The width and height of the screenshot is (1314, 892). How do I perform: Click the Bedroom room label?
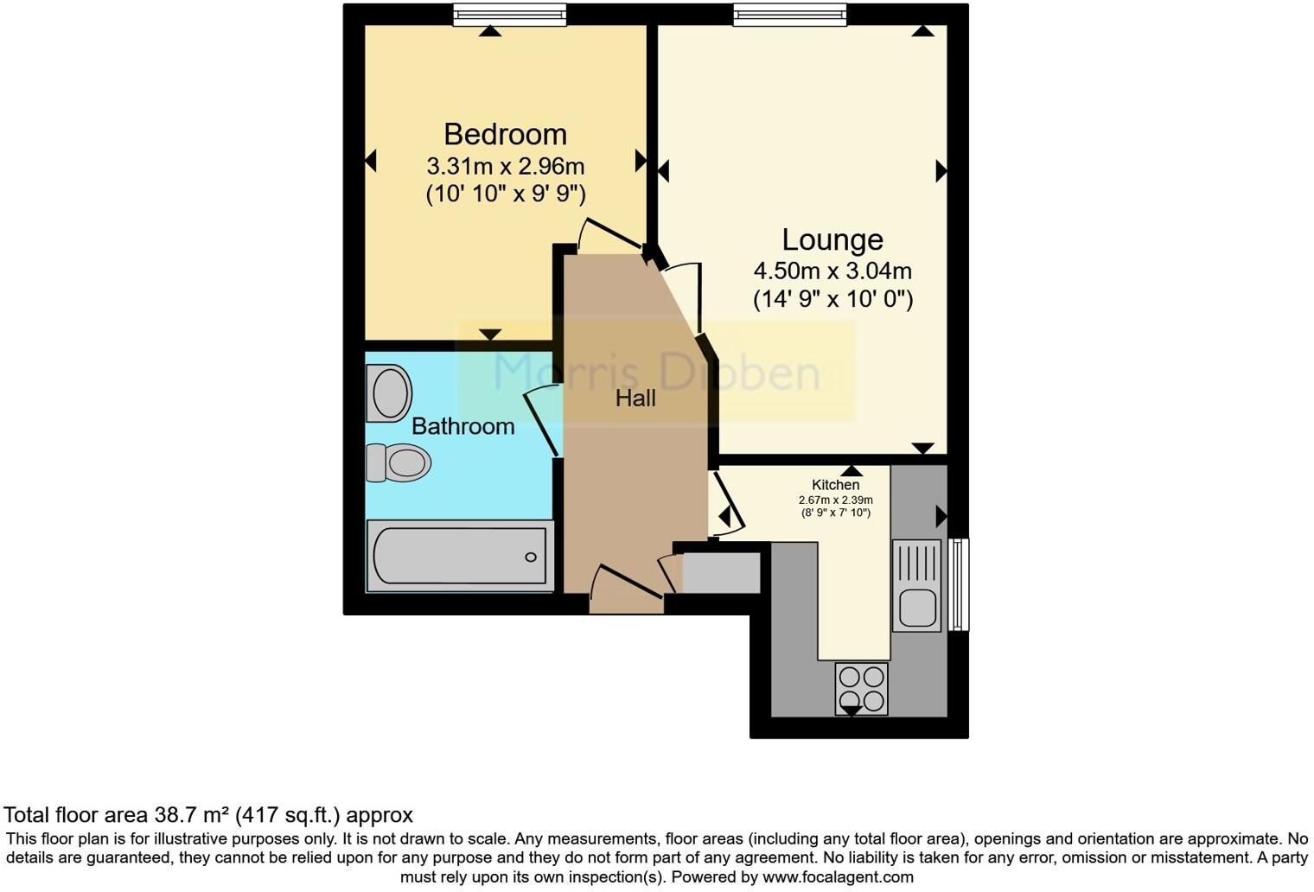tap(505, 134)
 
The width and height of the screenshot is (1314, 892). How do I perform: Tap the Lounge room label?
tap(832, 239)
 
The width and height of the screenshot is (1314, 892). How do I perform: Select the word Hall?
tap(635, 398)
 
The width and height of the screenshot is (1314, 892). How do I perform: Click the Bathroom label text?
tap(462, 426)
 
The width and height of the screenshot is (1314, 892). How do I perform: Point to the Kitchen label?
tap(835, 485)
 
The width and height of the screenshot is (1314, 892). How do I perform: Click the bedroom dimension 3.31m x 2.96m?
tap(505, 165)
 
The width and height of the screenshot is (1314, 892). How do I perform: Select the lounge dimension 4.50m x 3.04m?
tap(832, 271)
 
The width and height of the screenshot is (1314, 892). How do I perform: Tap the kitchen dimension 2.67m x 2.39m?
tap(835, 500)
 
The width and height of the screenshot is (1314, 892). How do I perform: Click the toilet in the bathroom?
tap(399, 462)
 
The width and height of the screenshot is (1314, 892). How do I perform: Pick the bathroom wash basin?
tap(388, 393)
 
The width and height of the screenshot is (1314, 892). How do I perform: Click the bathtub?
tap(460, 557)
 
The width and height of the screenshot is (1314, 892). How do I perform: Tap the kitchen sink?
tap(916, 585)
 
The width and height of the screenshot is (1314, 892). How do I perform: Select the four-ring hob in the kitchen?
tap(861, 688)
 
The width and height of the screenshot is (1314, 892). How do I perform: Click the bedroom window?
tap(510, 15)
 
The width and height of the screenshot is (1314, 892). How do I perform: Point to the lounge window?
tap(789, 15)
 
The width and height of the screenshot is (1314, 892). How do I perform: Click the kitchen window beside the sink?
tap(958, 584)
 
